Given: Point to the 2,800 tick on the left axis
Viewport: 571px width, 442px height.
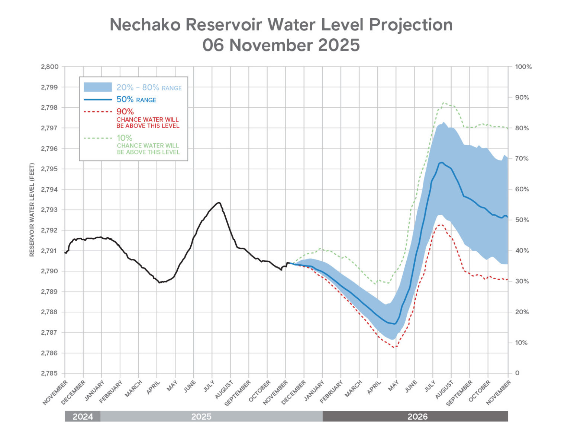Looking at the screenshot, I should (x=50, y=67).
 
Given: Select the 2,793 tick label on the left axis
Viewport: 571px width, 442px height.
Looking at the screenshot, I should (x=50, y=210).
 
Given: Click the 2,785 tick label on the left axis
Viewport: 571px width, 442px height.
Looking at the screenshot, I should (x=50, y=373).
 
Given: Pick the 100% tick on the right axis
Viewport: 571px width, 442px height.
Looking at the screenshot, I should (x=523, y=67).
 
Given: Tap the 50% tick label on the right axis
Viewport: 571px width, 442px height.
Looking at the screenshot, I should (x=522, y=220).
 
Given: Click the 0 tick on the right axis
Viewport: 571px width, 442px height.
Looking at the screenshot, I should (x=517, y=373).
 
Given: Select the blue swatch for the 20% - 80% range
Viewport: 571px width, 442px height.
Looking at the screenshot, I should (x=98, y=87).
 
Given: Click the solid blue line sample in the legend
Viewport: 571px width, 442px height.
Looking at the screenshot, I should (x=98, y=99).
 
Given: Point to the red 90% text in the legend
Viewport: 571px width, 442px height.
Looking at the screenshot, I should (x=125, y=111).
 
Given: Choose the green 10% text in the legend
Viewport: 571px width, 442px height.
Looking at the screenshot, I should (x=125, y=138).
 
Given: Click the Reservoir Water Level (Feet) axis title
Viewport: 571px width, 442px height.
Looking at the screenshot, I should (x=32, y=210).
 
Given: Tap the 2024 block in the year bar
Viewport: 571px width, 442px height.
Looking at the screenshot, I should (x=83, y=416).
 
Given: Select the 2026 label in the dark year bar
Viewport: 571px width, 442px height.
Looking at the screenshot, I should (x=417, y=416).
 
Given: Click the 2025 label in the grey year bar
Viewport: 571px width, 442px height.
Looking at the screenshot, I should (x=201, y=416).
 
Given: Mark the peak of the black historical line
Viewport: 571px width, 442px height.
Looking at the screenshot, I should (x=219, y=203).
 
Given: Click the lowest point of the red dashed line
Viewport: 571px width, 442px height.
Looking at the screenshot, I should (x=395, y=347).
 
